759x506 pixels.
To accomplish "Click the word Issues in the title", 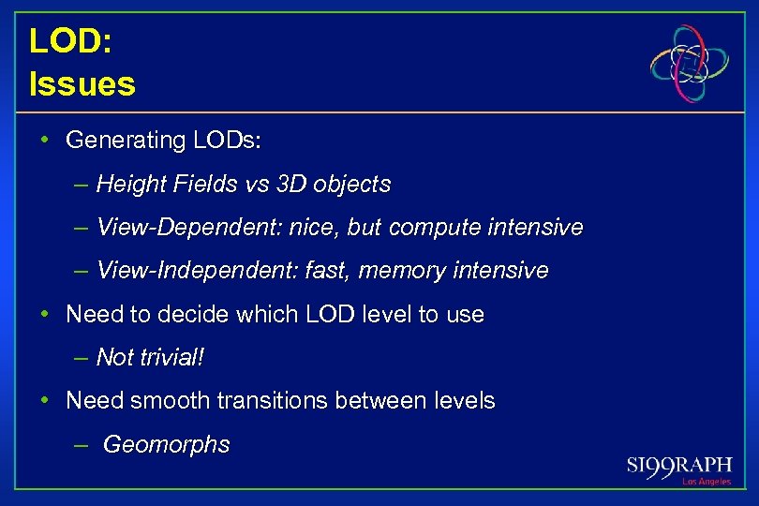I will coord(82,84).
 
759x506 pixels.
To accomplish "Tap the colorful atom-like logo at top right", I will coord(690,64).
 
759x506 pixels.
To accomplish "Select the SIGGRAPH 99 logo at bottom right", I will coord(679,467).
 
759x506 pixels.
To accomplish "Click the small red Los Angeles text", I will coord(706,482).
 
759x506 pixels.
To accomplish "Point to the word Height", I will coord(129,185).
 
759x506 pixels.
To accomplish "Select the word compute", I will coord(428,228).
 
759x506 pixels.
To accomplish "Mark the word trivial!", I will coord(171,358).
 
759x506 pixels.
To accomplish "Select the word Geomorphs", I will coord(166,444).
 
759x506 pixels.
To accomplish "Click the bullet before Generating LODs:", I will coord(45,141).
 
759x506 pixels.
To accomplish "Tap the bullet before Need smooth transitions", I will coord(45,401).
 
